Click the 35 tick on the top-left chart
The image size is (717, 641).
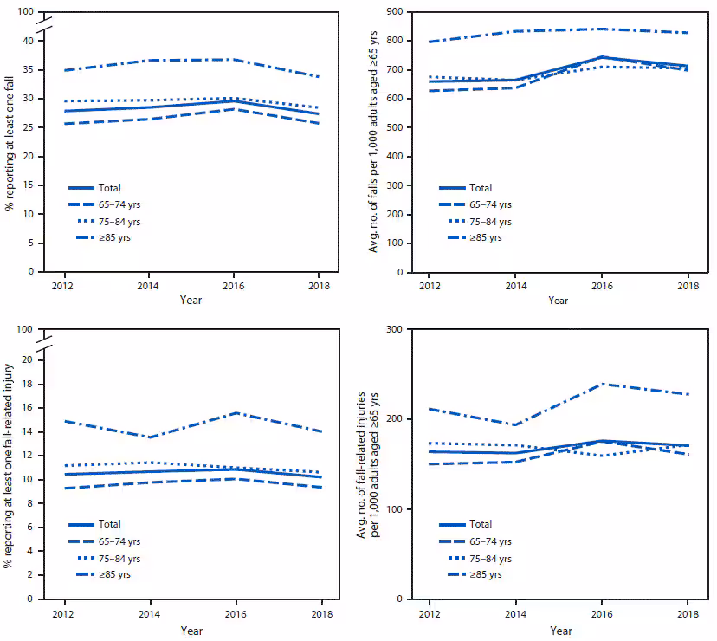[30, 69]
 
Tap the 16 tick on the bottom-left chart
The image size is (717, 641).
[30, 407]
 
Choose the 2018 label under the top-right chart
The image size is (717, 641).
[688, 286]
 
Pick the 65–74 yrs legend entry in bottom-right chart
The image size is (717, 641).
[490, 541]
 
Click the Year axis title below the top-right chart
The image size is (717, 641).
[559, 301]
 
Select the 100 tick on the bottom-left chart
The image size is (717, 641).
[27, 329]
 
